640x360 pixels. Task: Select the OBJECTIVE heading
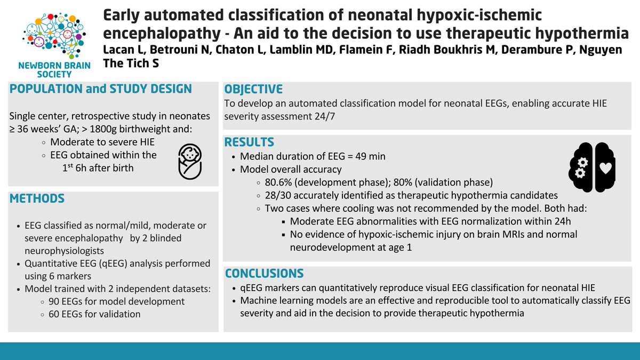click(x=253, y=89)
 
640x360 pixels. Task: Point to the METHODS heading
click(x=37, y=199)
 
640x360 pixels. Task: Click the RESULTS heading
click(x=249, y=142)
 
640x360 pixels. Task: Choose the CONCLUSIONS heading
click(x=264, y=274)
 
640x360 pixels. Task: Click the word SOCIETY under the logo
click(x=48, y=74)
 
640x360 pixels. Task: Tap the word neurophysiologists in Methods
click(x=60, y=251)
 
